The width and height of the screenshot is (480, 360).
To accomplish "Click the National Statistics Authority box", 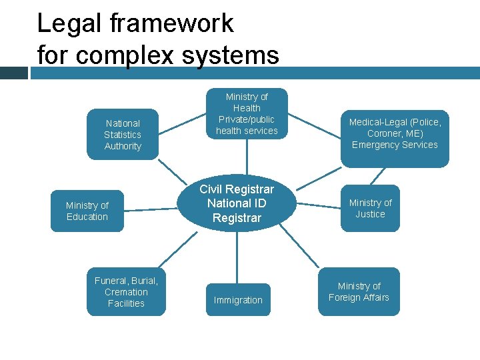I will [x=123, y=135].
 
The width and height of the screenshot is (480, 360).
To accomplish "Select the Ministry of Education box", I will [x=87, y=211].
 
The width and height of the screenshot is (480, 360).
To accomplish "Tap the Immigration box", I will [x=238, y=300].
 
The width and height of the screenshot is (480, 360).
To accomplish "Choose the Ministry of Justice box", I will [x=370, y=208].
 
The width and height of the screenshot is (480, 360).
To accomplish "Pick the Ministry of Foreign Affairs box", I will [x=359, y=291].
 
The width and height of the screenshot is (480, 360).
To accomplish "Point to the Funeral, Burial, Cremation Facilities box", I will [x=126, y=292].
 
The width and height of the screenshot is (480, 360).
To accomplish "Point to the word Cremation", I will [x=126, y=292].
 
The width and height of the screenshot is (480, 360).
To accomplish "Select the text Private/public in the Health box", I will [x=247, y=119].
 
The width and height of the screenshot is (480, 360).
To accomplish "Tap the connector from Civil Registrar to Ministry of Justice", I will [x=318, y=203].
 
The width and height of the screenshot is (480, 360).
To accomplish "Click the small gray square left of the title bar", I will [x=13, y=73].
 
